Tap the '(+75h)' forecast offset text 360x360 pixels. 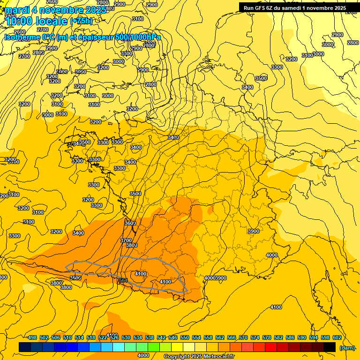pos(81,21)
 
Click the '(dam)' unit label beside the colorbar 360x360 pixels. pos(347,347)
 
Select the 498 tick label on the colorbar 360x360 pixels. pos(32,337)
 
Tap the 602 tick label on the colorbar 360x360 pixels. pos(337,337)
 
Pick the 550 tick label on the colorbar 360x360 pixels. pos(185,337)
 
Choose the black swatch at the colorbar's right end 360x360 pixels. pos(330,347)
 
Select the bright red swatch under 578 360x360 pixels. pos(271,347)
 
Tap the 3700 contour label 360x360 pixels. pos(126,240)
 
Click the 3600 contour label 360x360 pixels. pos(130,223)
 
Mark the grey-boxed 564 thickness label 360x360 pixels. pos(123,280)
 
